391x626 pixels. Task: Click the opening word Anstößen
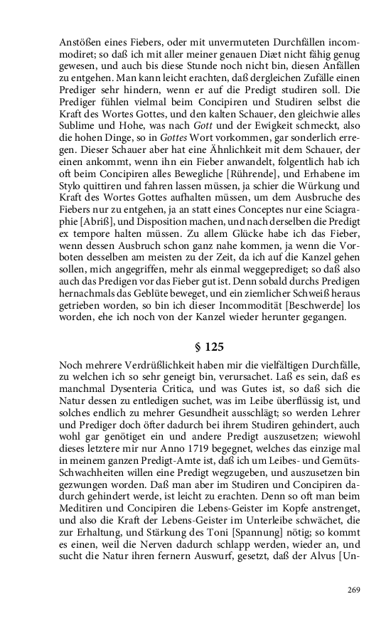pos(79,41)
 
